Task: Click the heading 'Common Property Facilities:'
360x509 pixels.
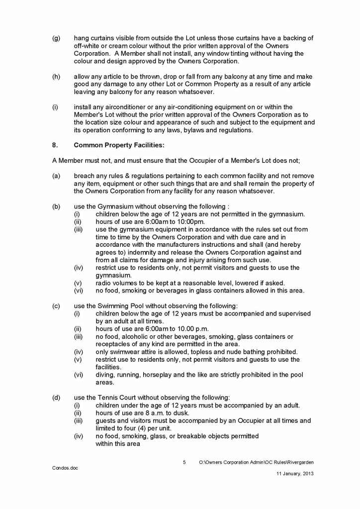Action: [x=111, y=145]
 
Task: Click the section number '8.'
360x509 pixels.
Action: [x=55, y=145]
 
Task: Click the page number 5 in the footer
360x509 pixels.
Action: [x=184, y=462]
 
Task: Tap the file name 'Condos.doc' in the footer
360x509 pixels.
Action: [x=65, y=468]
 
